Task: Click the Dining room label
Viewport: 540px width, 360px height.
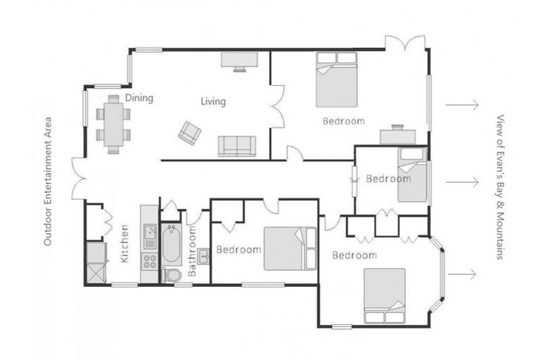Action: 139,98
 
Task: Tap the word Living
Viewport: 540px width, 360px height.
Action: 213,101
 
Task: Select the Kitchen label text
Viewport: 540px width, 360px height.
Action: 124,243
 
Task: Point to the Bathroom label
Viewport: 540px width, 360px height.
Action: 193,257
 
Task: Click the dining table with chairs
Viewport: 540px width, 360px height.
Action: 112,126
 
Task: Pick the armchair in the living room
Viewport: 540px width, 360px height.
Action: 190,131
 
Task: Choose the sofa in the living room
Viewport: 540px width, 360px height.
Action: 237,146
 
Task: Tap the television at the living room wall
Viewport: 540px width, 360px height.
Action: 241,61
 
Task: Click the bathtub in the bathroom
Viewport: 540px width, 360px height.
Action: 172,243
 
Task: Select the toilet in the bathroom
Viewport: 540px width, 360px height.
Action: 171,274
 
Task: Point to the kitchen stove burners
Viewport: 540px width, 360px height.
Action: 149,262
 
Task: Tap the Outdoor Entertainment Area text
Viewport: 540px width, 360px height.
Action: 49,181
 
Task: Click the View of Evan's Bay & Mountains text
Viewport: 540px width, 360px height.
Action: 501,187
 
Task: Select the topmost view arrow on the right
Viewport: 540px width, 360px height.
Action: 462,105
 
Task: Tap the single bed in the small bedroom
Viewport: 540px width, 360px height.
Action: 410,174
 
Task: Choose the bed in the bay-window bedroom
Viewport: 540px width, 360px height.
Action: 384,295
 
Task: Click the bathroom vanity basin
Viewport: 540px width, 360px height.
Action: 204,255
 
